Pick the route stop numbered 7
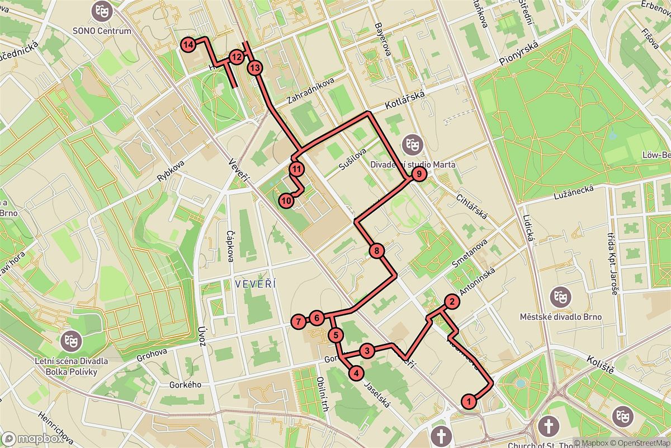click(299, 321)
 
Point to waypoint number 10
click(286, 200)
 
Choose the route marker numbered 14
click(188, 44)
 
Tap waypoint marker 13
click(255, 68)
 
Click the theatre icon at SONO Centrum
click(101, 10)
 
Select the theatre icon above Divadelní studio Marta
click(413, 144)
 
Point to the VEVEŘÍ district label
click(256, 284)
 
